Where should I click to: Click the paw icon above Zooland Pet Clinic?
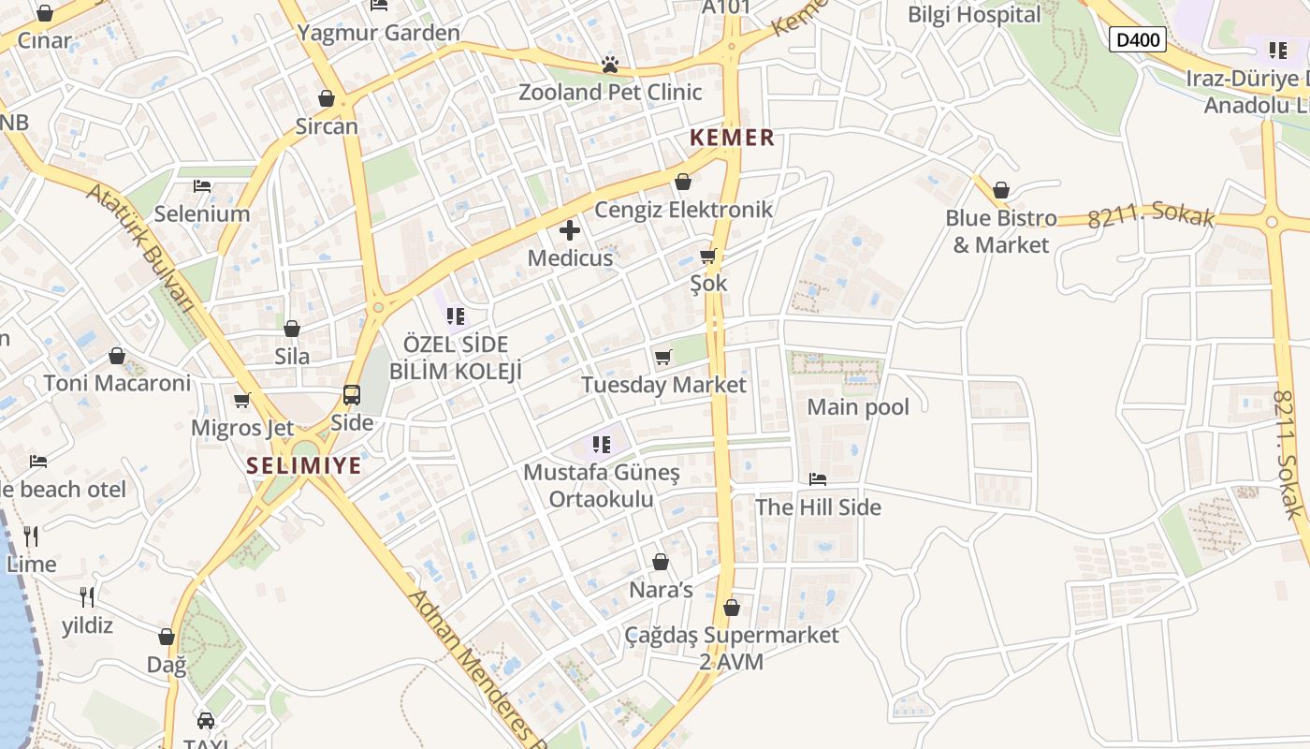610,65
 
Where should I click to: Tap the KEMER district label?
732,138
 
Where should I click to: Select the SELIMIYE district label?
304,465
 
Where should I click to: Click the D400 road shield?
1137,39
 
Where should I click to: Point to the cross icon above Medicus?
569,230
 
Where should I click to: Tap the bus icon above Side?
352,395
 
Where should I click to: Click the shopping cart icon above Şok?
708,256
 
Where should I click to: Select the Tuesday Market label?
663,385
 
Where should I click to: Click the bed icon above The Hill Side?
818,479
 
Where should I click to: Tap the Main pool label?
858,407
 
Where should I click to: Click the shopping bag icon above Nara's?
661,562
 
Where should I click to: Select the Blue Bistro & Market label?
1001,231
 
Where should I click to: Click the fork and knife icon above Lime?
31,536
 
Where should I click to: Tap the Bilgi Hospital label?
974,15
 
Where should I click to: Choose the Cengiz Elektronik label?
683,209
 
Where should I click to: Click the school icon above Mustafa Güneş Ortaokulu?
602,444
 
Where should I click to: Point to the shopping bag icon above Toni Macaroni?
117,356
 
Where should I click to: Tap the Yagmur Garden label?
378,33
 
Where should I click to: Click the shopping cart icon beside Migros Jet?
242,401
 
